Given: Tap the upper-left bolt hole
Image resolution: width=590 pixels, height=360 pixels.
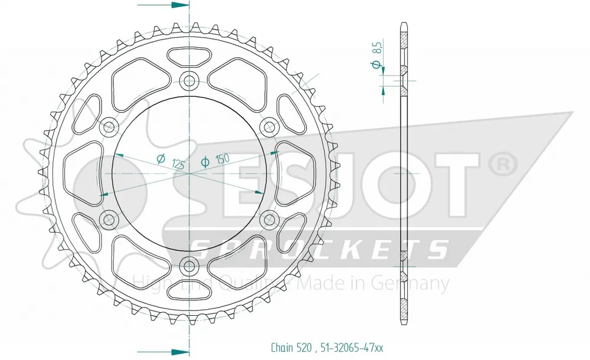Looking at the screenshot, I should tap(109, 125).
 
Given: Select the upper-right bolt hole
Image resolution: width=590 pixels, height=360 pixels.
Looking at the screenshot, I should tap(270, 125).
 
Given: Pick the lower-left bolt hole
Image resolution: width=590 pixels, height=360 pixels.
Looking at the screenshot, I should tap(109, 219).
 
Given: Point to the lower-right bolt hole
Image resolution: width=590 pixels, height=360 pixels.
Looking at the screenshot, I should tap(270, 219).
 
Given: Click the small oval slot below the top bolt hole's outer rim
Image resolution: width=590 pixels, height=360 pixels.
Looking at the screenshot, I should tap(189, 57).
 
